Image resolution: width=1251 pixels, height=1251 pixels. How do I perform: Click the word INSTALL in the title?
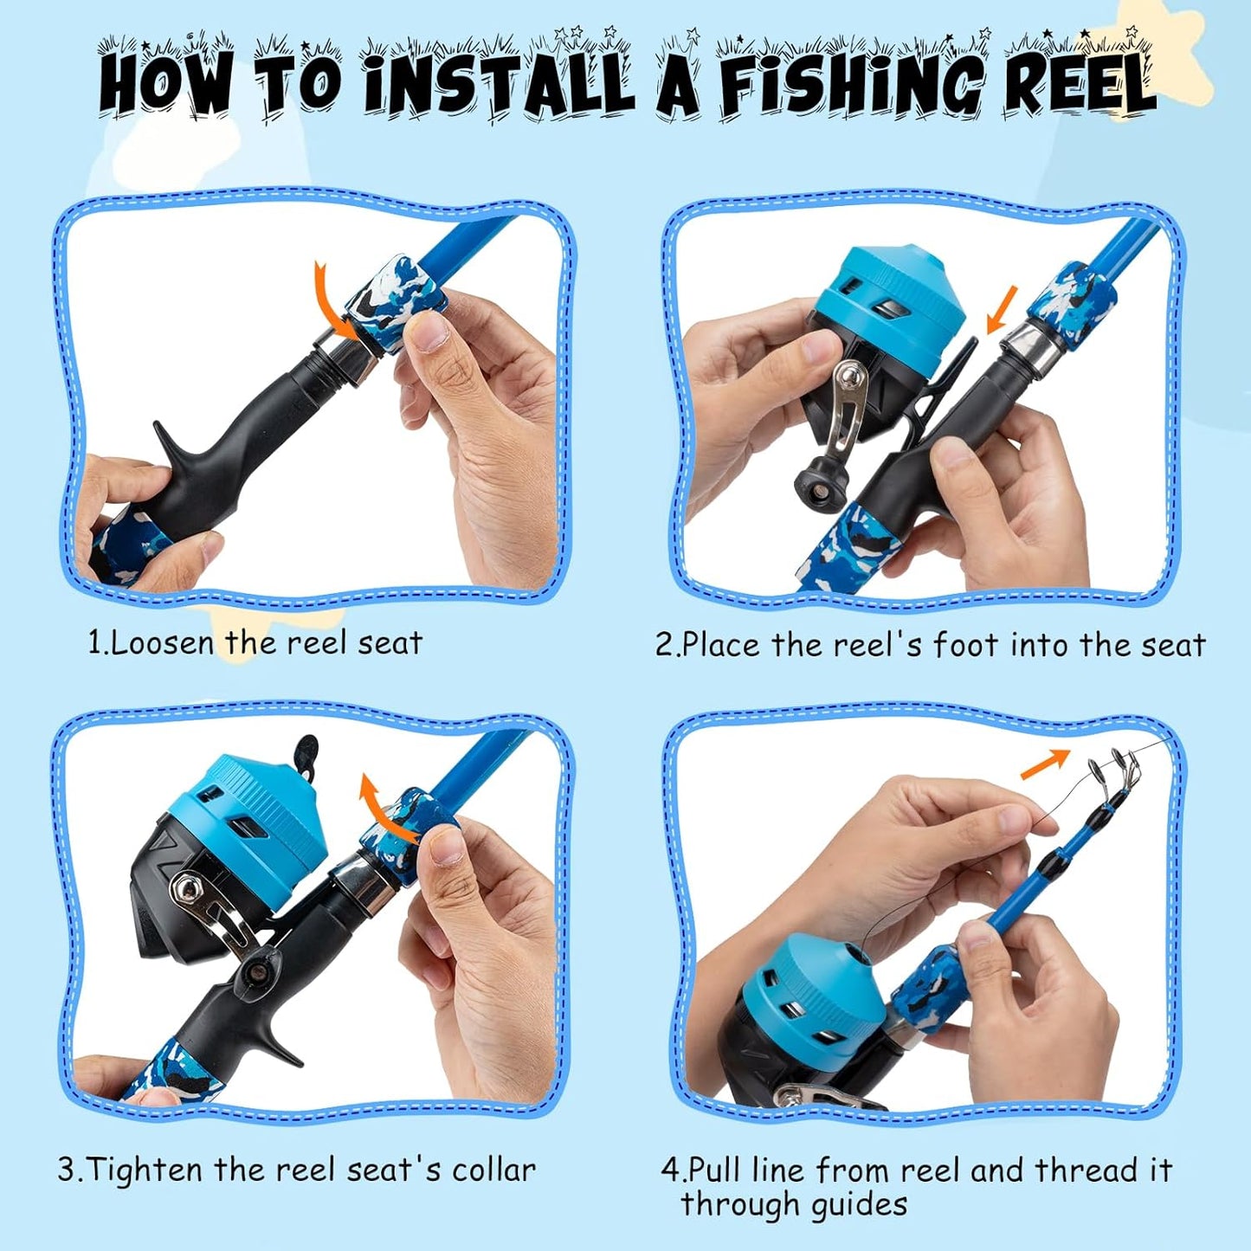coord(498,84)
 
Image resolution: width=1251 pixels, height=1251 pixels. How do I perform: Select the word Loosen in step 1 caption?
coord(162,643)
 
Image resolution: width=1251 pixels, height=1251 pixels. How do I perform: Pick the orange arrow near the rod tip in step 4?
coord(1046,764)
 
